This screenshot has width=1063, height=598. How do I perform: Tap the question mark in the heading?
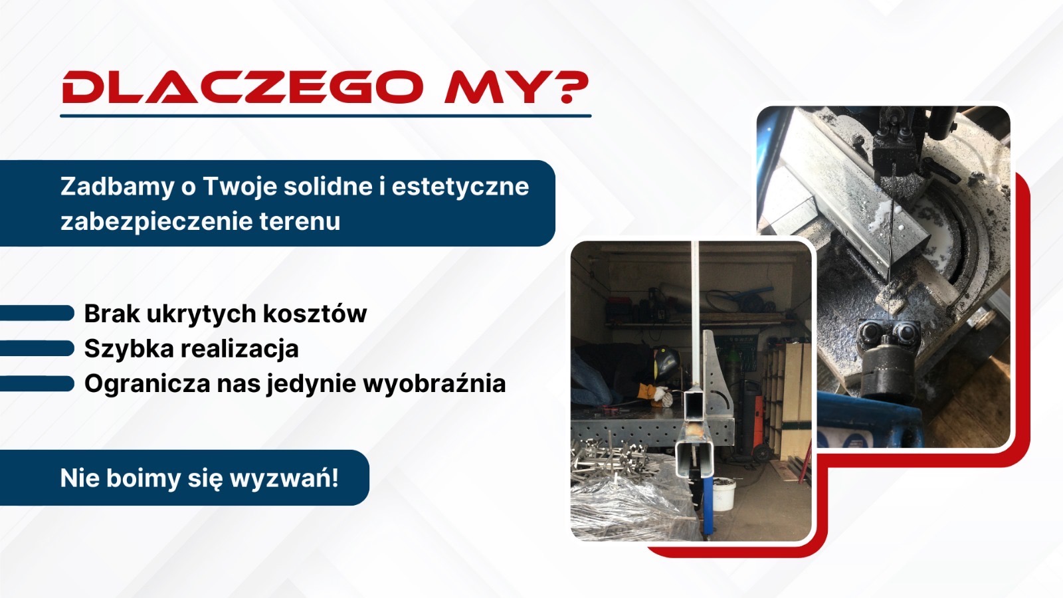click(x=573, y=88)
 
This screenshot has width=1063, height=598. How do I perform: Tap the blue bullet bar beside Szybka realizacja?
click(x=37, y=348)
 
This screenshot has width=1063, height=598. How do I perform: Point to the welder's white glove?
click(x=660, y=394)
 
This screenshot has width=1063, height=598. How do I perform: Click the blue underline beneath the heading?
click(x=326, y=116)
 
